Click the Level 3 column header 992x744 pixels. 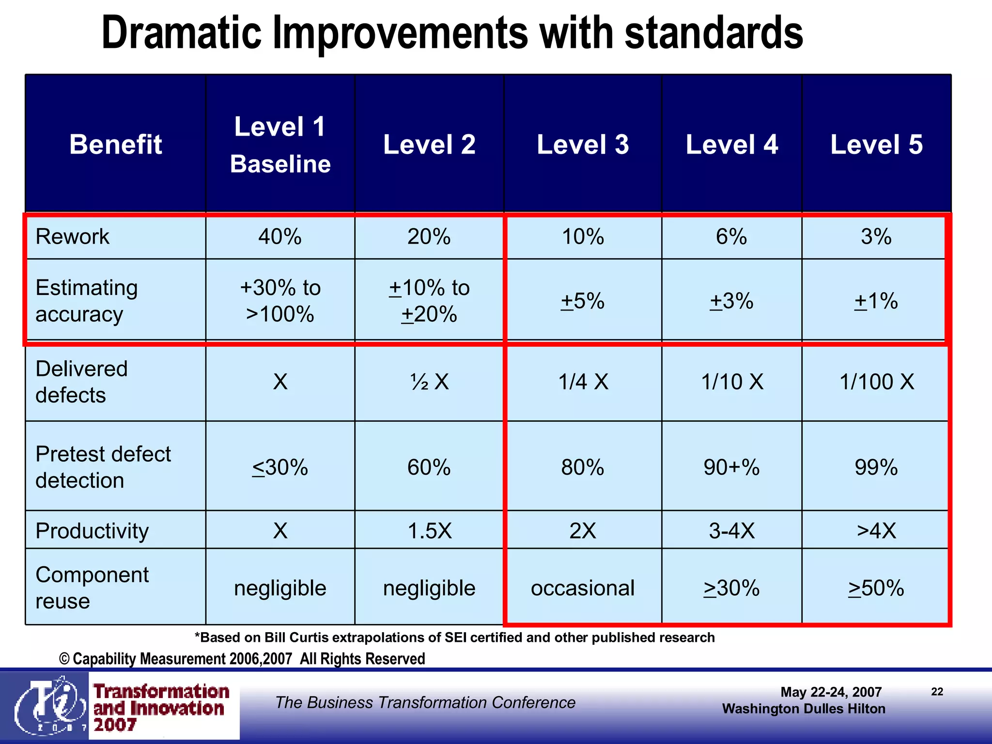[583, 144]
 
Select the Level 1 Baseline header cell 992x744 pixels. [280, 144]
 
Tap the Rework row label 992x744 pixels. [73, 237]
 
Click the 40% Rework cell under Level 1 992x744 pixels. [280, 237]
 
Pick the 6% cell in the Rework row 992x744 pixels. [731, 237]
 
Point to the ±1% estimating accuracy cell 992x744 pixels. [876, 301]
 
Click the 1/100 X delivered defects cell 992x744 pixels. [876, 382]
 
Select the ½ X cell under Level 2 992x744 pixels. [429, 382]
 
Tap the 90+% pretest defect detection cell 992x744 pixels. [731, 467]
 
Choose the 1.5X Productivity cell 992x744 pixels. [429, 531]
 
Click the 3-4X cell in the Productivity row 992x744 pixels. [731, 531]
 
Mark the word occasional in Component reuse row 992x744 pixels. [583, 588]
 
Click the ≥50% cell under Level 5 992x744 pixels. [876, 588]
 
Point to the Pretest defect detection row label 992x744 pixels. [103, 467]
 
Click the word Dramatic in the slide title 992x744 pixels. [182, 33]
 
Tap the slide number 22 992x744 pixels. [937, 692]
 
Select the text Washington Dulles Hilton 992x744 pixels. [804, 709]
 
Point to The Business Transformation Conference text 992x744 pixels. [425, 702]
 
